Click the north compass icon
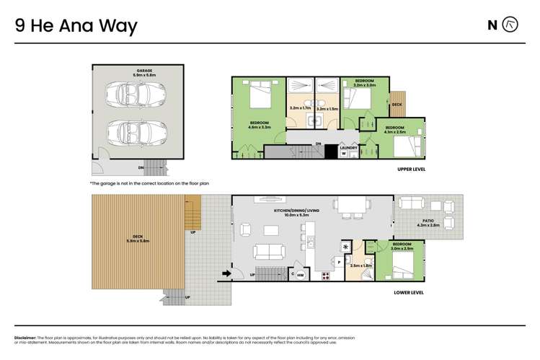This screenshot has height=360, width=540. pyautogui.click(x=510, y=25)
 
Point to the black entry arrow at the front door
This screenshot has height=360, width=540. pyautogui.click(x=227, y=273)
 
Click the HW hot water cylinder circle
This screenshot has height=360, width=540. pyautogui.click(x=301, y=275)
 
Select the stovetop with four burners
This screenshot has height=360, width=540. pyautogui.click(x=325, y=275)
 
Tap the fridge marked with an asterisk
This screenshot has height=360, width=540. pyautogui.click(x=346, y=247)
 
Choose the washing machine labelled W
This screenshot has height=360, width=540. pyautogui.click(x=343, y=153)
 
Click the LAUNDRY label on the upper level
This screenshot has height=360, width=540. pyautogui.click(x=349, y=146)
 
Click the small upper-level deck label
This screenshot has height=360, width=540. pyautogui.click(x=397, y=104)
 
